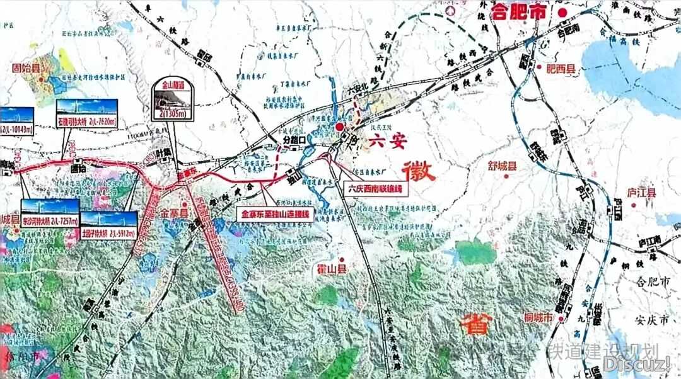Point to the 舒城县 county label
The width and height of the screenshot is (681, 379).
click(503, 166)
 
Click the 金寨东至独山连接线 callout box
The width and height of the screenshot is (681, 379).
click(275, 214)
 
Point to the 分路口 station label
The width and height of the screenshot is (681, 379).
click(294, 139)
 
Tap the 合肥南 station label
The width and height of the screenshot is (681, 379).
click(569, 29)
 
